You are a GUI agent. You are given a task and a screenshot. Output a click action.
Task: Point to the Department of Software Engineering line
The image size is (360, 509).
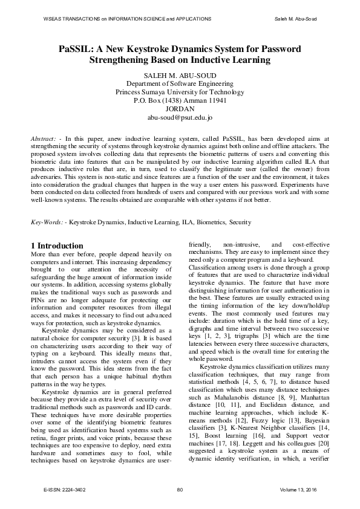pyautogui.click(x=180, y=83)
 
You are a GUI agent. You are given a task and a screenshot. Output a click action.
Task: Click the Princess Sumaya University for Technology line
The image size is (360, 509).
pyautogui.click(x=180, y=92)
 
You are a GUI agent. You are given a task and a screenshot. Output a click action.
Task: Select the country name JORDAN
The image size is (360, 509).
pyautogui.click(x=180, y=109)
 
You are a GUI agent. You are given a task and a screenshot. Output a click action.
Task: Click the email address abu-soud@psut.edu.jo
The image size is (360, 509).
pyautogui.click(x=180, y=117)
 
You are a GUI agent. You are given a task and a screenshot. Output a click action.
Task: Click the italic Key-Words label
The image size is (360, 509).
pyautogui.click(x=47, y=222)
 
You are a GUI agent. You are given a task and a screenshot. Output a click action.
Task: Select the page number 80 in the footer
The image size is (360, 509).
pyautogui.click(x=180, y=488)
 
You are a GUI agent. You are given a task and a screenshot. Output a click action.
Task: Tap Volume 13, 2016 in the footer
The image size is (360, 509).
pyautogui.click(x=299, y=488)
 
